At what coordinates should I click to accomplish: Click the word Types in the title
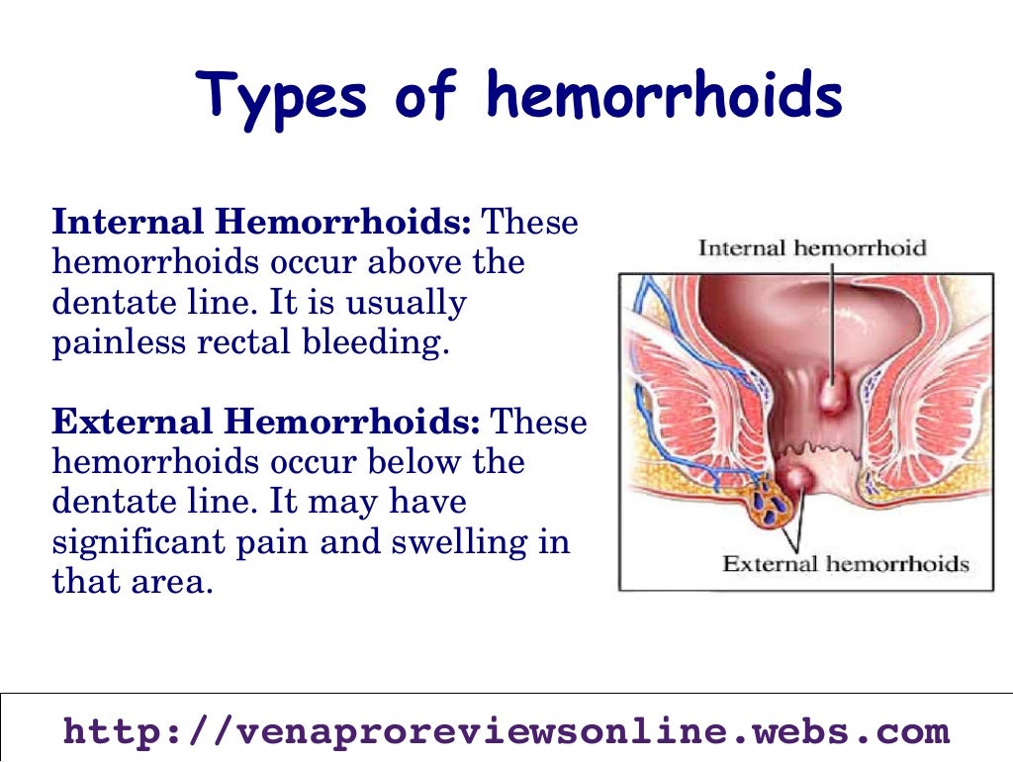[x=282, y=97]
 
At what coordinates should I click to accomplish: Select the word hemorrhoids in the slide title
[x=664, y=97]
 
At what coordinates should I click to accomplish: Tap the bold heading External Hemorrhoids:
[x=265, y=423]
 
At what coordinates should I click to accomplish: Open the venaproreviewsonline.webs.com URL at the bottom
[x=506, y=732]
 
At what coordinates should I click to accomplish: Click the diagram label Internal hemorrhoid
[x=812, y=247]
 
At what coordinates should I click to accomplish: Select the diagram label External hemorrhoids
[x=845, y=564]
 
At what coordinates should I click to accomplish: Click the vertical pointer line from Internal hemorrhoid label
[x=832, y=317]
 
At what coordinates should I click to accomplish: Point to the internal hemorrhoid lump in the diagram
[x=833, y=396]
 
